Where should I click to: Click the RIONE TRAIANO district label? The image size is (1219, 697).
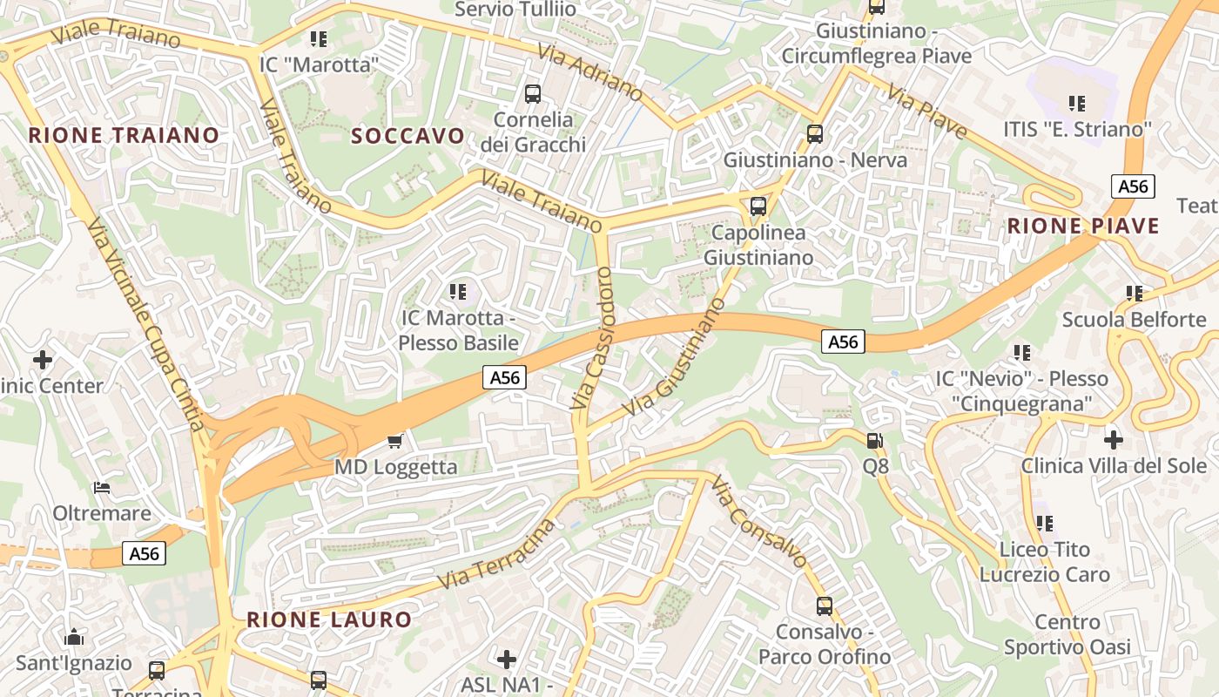coord(124,135)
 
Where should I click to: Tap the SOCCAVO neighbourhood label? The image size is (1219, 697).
coord(408,135)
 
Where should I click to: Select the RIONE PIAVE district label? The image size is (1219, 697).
coord(1083,227)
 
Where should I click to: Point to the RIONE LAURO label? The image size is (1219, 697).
coord(329,619)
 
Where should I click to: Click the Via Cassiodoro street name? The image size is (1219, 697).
coord(594,338)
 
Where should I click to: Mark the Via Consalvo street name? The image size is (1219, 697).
coord(758,521)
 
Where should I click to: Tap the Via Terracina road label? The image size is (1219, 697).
coord(496,554)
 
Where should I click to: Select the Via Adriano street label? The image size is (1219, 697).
coord(590,75)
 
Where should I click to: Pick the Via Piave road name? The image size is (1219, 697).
coord(928,112)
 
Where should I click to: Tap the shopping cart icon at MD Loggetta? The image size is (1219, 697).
coord(395,441)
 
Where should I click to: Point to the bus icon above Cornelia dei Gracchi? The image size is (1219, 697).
coord(533,93)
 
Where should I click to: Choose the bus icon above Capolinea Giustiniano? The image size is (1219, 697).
coord(758,206)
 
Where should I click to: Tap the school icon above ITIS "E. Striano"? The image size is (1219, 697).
coord(1077,104)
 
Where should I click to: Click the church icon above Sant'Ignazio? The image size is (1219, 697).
coord(74,637)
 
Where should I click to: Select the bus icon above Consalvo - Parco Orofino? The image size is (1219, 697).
coord(824,606)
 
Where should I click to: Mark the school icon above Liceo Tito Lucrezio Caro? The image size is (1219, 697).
coord(1044,524)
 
